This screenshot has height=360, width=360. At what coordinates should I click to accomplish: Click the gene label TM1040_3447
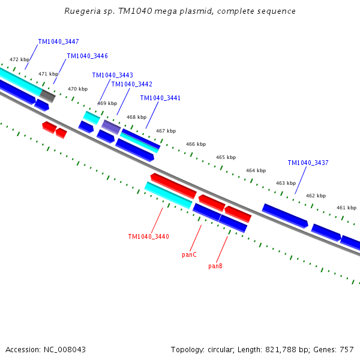[58, 42]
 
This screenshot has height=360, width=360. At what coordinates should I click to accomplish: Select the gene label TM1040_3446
[87, 56]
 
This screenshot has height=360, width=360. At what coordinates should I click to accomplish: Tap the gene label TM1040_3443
[112, 76]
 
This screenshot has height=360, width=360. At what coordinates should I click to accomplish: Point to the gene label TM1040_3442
[131, 85]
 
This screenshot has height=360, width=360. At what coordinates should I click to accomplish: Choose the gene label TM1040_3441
[160, 98]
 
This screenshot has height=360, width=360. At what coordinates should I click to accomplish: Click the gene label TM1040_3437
[308, 163]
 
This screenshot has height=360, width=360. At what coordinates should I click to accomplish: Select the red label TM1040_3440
[148, 237]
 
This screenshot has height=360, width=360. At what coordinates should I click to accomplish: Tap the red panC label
[189, 255]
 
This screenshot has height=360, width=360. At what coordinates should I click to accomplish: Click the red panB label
[215, 266]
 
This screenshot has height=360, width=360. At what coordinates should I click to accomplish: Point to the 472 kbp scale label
[19, 60]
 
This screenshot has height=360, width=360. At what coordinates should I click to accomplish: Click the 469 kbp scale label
[107, 103]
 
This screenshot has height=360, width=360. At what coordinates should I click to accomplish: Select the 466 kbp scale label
[196, 145]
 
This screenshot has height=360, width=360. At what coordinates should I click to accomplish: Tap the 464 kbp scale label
[256, 171]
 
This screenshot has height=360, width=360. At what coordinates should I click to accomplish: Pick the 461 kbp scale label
[346, 208]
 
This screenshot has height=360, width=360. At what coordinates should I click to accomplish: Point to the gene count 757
[347, 350]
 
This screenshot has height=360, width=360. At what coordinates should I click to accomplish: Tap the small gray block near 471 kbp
[47, 96]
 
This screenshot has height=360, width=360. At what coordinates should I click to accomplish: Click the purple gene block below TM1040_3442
[111, 127]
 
